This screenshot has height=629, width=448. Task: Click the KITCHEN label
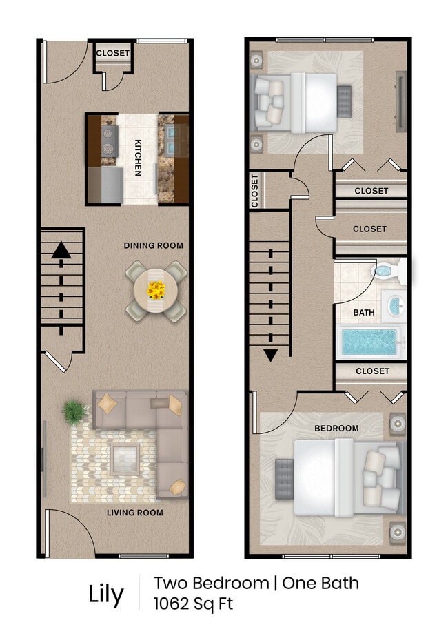click(138, 158)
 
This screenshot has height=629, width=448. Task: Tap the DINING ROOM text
click(154, 245)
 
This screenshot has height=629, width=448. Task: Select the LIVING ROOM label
click(134, 513)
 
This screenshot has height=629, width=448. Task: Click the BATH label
click(364, 312)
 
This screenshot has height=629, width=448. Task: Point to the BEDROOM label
click(336, 429)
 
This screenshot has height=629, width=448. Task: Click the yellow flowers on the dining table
click(156, 291)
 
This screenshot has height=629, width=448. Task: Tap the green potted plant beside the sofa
click(74, 413)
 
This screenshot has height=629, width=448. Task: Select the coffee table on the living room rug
click(126, 457)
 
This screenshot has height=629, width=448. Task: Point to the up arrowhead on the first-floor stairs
click(61, 249)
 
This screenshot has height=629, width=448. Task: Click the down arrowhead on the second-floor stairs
click(270, 355)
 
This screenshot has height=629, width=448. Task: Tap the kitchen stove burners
click(108, 140)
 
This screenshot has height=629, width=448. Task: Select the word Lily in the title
click(105, 594)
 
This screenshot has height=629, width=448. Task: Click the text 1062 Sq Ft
click(193, 604)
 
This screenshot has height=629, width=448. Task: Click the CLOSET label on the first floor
click(112, 53)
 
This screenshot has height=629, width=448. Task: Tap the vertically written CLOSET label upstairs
click(254, 190)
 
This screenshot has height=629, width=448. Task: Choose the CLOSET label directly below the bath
click(372, 371)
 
